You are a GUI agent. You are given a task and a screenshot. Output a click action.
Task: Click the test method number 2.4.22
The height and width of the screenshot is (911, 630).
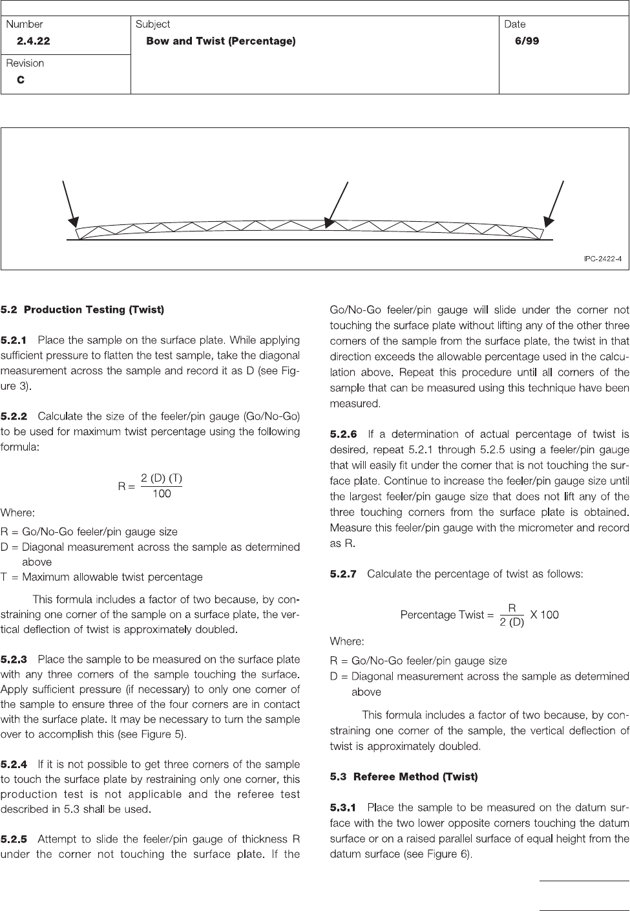pyautogui.click(x=34, y=41)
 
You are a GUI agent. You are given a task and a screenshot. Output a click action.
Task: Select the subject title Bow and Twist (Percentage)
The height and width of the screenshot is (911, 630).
pyautogui.click(x=221, y=41)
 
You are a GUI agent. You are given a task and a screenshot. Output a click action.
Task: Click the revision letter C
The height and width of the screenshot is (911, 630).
pyautogui.click(x=21, y=80)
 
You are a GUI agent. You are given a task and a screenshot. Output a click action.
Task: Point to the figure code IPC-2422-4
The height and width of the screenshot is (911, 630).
pyautogui.click(x=603, y=259)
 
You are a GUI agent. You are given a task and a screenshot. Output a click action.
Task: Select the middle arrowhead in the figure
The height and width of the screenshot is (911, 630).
pyautogui.click(x=329, y=223)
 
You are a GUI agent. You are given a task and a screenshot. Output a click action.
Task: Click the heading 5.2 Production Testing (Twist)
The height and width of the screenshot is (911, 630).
pyautogui.click(x=83, y=310)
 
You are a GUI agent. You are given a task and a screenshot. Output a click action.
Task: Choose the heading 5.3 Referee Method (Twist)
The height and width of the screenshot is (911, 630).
pyautogui.click(x=404, y=777)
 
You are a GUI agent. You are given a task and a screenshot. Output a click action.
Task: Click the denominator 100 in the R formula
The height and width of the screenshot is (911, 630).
pyautogui.click(x=162, y=493)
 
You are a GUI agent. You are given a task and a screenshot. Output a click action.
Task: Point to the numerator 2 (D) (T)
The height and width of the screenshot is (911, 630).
pyautogui.click(x=162, y=479)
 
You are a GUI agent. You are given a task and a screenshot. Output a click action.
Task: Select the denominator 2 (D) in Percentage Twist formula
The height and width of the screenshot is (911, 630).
pyautogui.click(x=512, y=623)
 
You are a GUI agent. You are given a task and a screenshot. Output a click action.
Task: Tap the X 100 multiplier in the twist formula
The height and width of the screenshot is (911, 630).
pyautogui.click(x=545, y=615)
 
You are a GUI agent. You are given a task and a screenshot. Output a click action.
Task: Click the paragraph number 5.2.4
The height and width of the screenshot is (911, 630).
pyautogui.click(x=14, y=765)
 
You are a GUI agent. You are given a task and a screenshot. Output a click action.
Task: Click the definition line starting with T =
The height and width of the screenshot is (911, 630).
pyautogui.click(x=101, y=577)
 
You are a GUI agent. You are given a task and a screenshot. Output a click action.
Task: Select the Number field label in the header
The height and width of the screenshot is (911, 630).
pyautogui.click(x=25, y=24)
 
